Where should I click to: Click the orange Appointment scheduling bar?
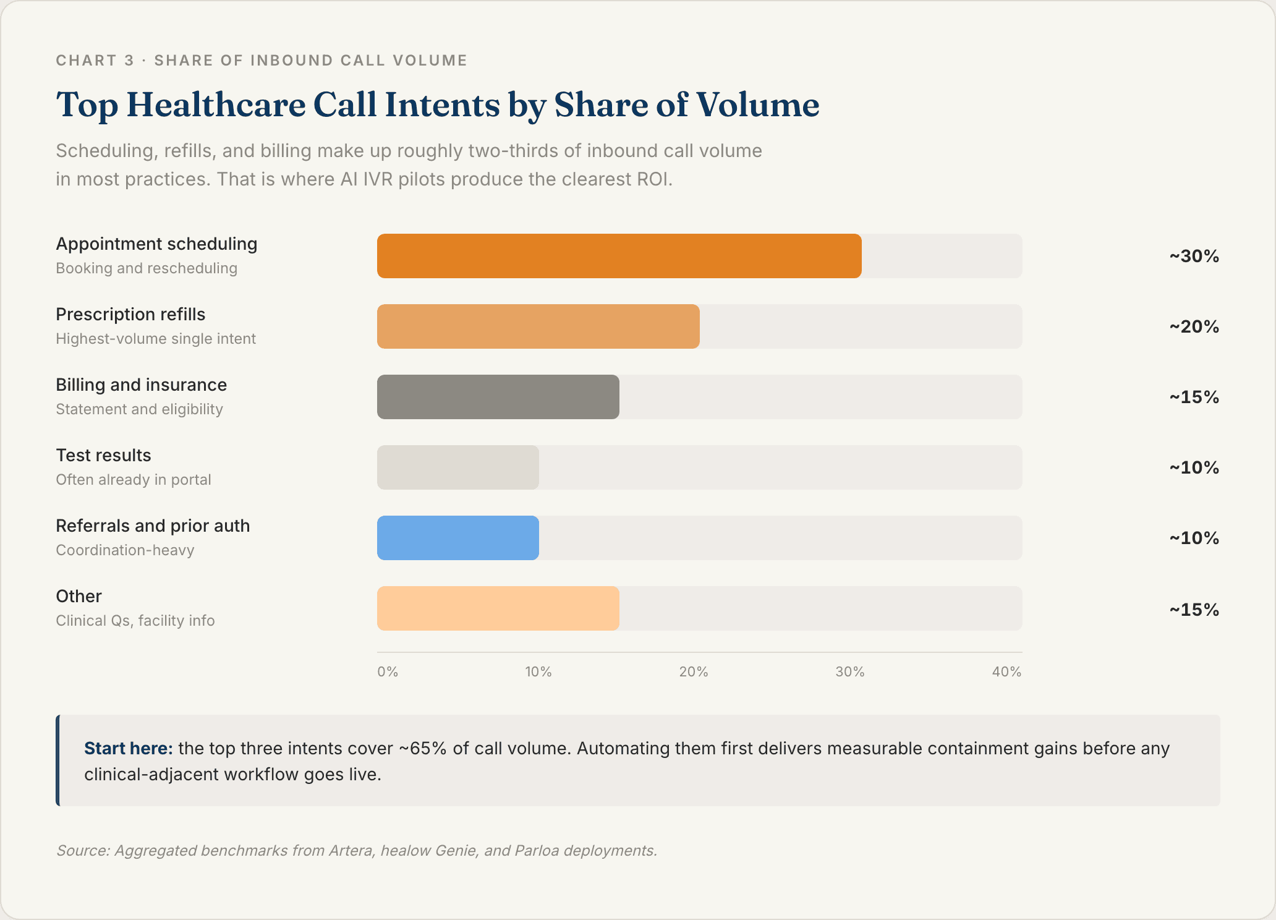click(619, 256)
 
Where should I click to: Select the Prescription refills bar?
click(538, 326)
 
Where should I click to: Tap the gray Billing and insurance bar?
click(498, 397)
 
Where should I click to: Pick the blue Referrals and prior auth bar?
click(457, 538)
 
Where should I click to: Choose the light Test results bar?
click(457, 467)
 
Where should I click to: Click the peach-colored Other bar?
click(498, 608)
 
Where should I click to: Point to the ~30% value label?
click(1194, 256)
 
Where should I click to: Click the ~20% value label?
click(1194, 326)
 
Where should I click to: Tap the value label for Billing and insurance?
click(1194, 397)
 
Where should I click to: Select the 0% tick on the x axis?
click(388, 672)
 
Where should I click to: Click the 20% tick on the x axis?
click(694, 672)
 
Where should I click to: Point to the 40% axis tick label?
click(1006, 672)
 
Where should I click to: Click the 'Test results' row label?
click(103, 456)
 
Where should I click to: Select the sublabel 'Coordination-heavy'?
click(125, 550)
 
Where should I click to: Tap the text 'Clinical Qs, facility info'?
click(135, 621)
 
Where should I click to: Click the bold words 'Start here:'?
click(128, 749)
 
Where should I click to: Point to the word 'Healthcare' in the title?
click(216, 104)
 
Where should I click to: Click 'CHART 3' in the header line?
click(95, 61)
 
